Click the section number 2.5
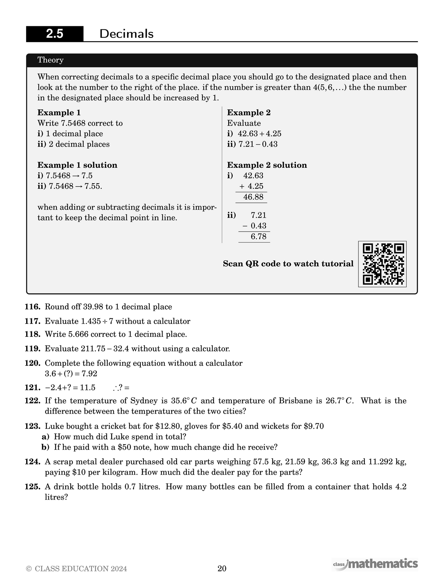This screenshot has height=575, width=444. pyautogui.click(x=55, y=34)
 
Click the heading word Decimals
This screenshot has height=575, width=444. pyautogui.click(x=126, y=34)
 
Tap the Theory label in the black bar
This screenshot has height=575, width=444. pyautogui.click(x=50, y=60)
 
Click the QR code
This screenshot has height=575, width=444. pyautogui.click(x=382, y=264)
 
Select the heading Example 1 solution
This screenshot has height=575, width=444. pyautogui.click(x=77, y=165)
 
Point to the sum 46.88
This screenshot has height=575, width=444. pyautogui.click(x=253, y=197)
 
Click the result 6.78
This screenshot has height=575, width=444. pyautogui.click(x=258, y=237)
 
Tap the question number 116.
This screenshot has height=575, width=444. pyautogui.click(x=33, y=307)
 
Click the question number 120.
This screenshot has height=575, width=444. pyautogui.click(x=33, y=363)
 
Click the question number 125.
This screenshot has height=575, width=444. pyautogui.click(x=33, y=487)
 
